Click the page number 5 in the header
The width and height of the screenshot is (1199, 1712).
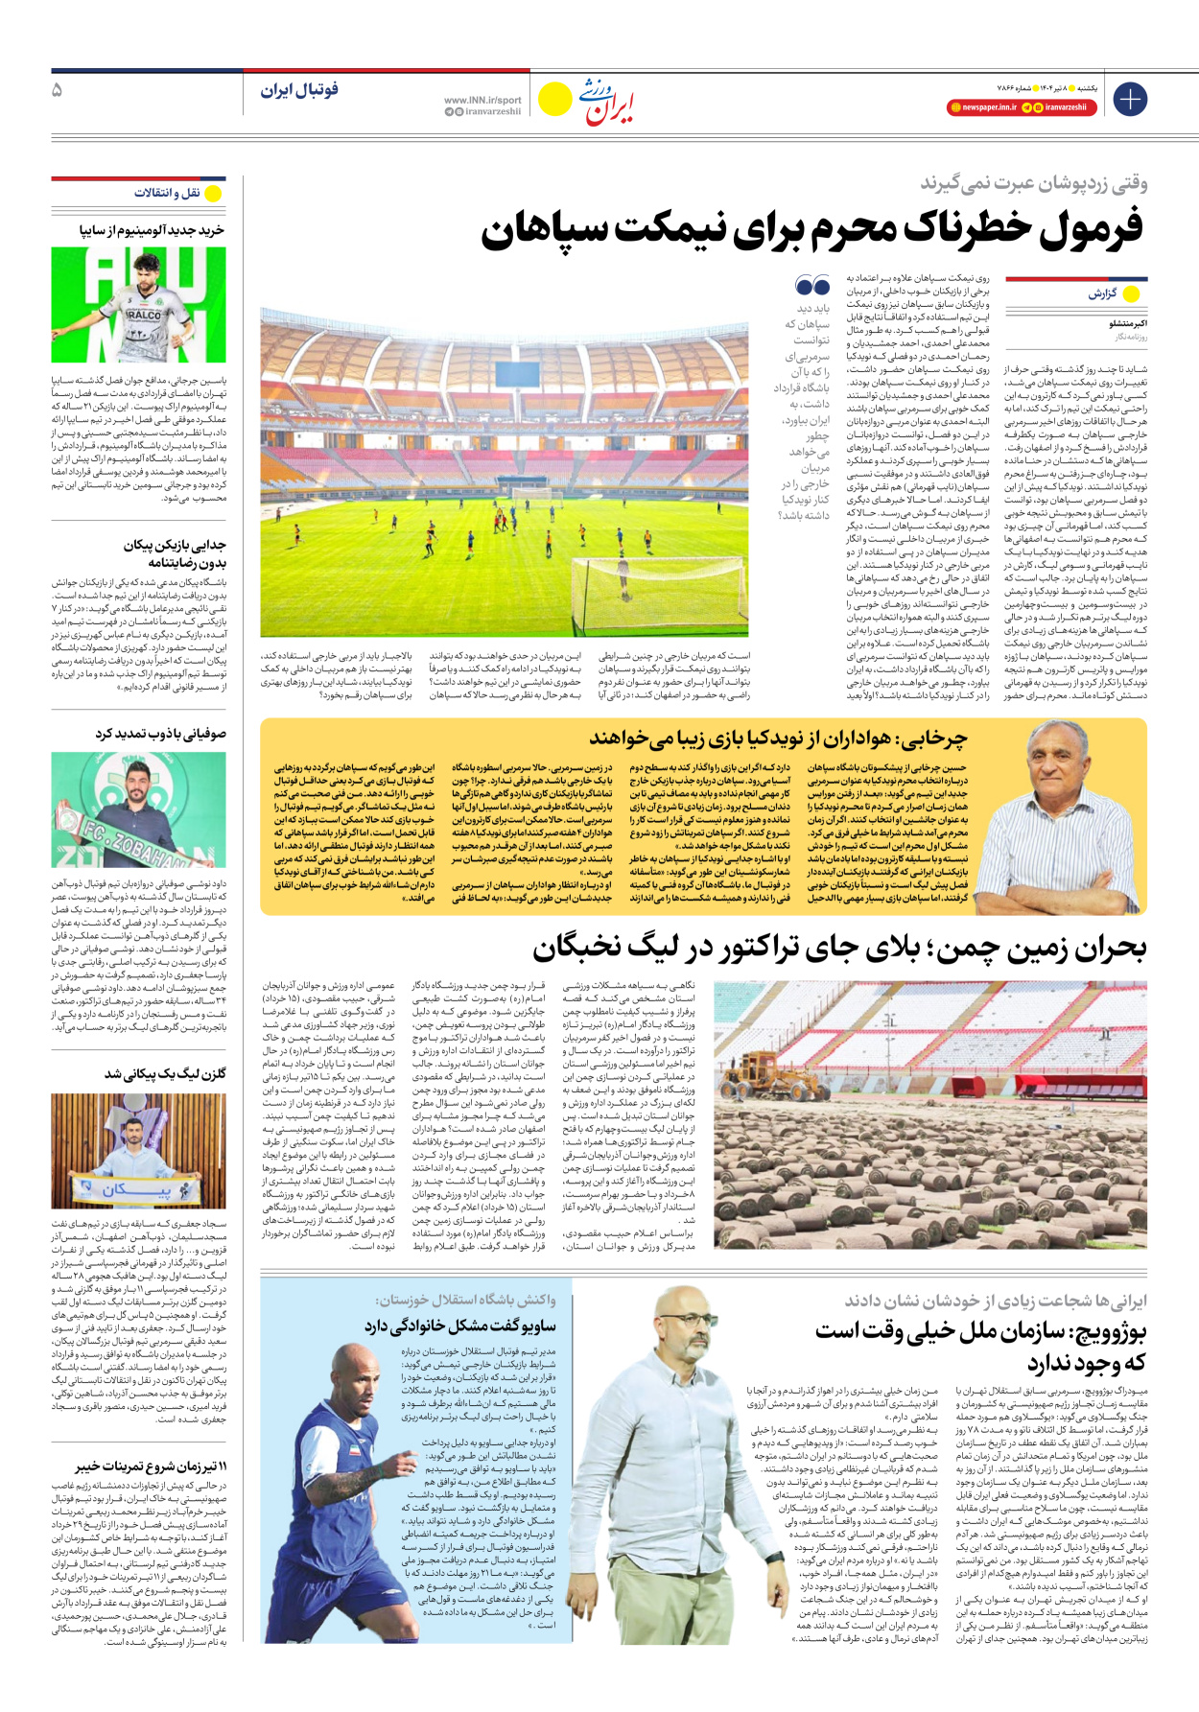point(58,90)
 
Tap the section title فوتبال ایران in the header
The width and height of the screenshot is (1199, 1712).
point(299,90)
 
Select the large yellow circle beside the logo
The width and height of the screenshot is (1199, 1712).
point(554,99)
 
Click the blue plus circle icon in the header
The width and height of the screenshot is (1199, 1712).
point(1130,99)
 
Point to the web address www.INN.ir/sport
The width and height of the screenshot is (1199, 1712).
point(482,100)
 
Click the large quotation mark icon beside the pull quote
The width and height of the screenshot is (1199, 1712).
point(811,285)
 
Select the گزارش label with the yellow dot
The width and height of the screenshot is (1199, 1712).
point(1113,293)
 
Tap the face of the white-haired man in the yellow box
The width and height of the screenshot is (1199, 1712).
point(1051,753)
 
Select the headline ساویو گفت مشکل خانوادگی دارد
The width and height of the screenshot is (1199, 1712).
point(459,1325)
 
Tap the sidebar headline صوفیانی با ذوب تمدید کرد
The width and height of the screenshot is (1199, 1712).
point(160,734)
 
